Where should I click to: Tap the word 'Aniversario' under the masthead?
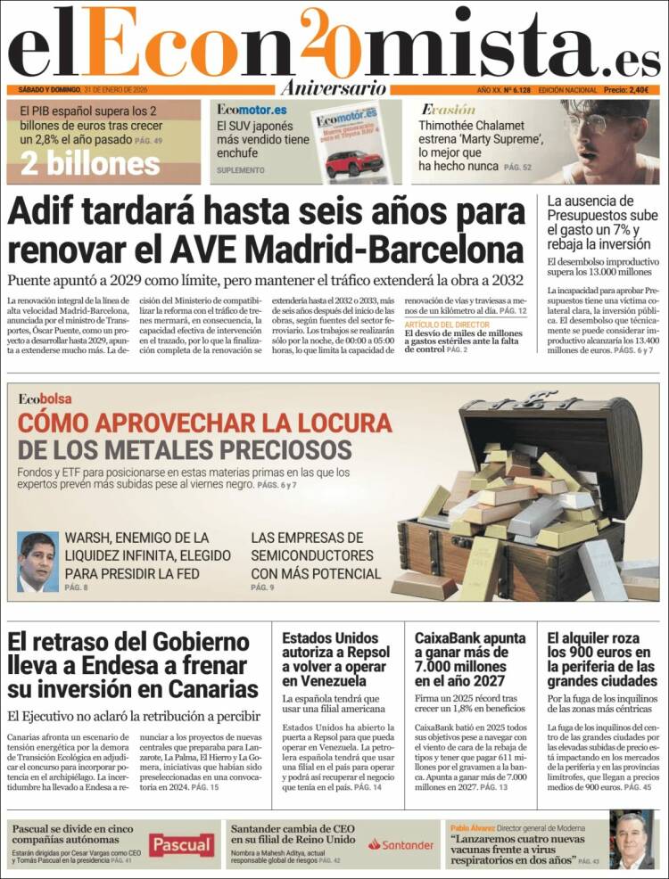tap(333, 88)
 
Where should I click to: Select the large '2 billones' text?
tap(90, 164)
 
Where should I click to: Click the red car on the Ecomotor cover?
tap(353, 163)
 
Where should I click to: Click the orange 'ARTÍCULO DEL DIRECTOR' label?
tap(448, 324)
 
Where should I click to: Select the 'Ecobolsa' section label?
tap(45, 398)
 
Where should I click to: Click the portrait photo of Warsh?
tap(38, 562)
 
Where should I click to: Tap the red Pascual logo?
tap(181, 843)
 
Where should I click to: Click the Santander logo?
tap(401, 843)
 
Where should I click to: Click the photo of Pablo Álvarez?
tap(632, 839)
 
